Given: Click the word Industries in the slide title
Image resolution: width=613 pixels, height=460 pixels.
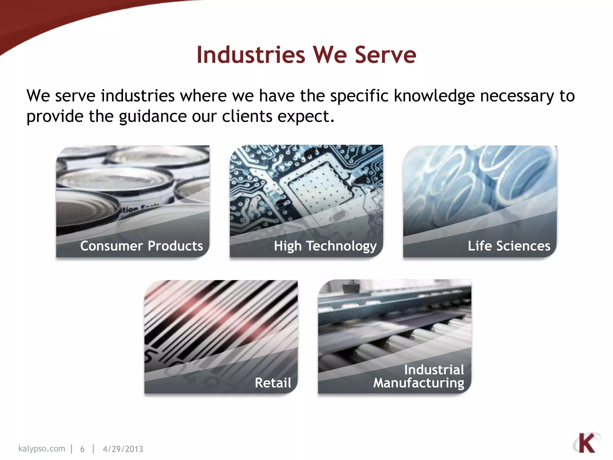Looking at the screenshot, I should coord(251,55).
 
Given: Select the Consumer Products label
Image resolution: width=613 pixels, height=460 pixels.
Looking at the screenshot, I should coord(141,246).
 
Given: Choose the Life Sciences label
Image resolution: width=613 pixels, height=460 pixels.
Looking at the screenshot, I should coord(509,246).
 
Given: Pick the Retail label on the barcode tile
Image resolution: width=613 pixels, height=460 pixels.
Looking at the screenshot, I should coord(273,383).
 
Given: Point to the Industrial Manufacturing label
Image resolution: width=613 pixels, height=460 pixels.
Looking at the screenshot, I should coord(419,376).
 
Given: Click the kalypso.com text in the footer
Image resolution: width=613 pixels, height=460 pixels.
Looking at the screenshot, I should coord(42,449).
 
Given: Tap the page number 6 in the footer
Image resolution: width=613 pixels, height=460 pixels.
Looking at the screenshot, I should coord(82,449).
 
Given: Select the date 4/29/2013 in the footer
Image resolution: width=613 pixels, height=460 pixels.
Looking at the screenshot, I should coord(123,449).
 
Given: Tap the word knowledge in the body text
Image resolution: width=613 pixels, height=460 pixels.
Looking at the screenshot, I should coord(434,96).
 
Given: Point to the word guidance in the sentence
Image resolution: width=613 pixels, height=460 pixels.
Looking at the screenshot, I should coord(153,117).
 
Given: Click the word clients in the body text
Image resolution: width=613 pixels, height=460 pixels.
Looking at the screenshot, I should coord(247,116).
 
